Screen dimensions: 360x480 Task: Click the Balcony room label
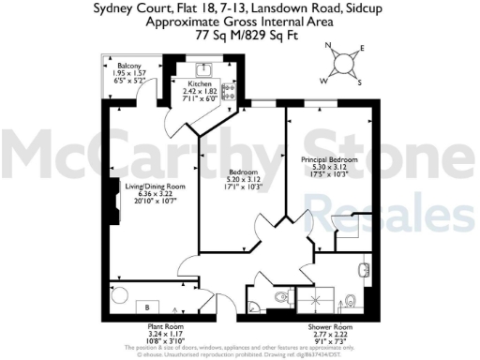(x=128, y=66)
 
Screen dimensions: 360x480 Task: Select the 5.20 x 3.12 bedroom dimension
(x=247, y=179)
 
